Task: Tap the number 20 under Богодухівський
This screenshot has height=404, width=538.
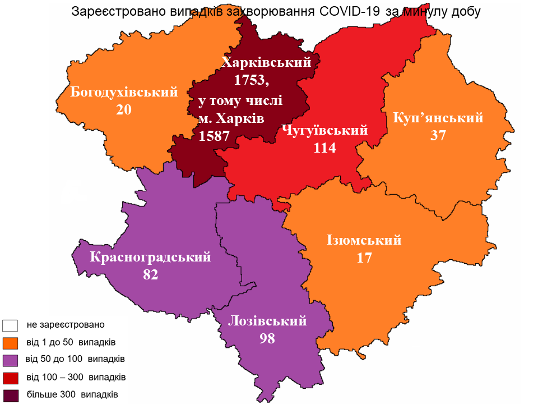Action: (x=124, y=109)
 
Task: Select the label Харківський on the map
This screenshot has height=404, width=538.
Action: (x=266, y=62)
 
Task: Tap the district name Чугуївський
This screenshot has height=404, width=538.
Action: (x=325, y=130)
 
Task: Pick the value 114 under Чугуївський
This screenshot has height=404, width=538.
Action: (x=325, y=148)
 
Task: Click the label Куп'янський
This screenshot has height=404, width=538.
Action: (x=438, y=118)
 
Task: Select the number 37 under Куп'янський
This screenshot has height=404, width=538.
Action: (x=438, y=135)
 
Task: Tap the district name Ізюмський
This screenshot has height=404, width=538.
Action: (x=364, y=240)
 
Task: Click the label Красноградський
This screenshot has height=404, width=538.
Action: (x=151, y=258)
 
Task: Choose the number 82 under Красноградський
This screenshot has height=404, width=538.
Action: (x=151, y=275)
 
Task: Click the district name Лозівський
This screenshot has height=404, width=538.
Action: (x=267, y=321)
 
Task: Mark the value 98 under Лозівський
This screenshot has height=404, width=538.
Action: (x=267, y=338)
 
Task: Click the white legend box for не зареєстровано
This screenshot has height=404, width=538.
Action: (x=11, y=325)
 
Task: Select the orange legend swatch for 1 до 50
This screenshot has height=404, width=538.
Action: (x=11, y=342)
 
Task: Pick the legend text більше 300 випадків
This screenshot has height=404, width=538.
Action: (x=72, y=394)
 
